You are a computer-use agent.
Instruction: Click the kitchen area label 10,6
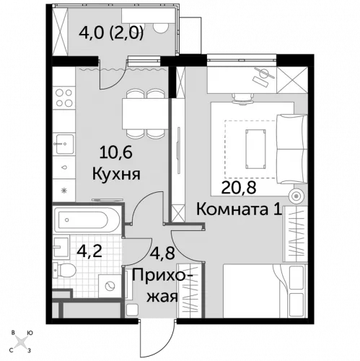click(x=115, y=152)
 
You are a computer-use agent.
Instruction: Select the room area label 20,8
click(x=239, y=188)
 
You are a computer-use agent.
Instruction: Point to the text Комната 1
click(x=240, y=209)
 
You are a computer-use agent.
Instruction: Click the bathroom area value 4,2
click(x=89, y=251)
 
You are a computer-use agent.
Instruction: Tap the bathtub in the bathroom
click(x=87, y=219)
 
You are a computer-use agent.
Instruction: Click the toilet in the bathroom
click(x=63, y=270)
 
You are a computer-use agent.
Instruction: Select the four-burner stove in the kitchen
click(x=64, y=97)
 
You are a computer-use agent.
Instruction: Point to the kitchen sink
click(x=64, y=144)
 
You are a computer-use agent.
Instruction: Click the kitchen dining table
click(x=145, y=114)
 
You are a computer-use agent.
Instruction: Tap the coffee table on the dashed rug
click(x=255, y=149)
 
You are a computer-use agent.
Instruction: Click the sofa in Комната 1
click(x=291, y=149)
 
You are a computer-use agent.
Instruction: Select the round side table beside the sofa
click(x=297, y=196)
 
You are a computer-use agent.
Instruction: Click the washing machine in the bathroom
click(x=110, y=286)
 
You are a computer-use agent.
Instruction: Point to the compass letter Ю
click(x=30, y=333)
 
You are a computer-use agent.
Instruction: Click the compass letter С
click(x=11, y=350)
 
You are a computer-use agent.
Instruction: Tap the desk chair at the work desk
click(x=242, y=98)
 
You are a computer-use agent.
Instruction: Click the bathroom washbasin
click(x=61, y=247)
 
